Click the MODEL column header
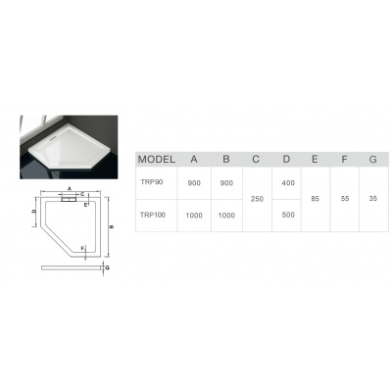pos(157,159)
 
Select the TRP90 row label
pos(152,182)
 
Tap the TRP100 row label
pos(154,214)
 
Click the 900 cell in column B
pos(226,182)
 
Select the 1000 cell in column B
pos(226,214)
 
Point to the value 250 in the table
pos(257,198)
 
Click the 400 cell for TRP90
pos(287,182)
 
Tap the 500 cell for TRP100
pos(287,214)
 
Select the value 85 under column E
pos(316,198)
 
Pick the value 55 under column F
pos(345,198)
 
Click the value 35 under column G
pos(373,198)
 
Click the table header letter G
pos(373,159)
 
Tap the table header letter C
pos(257,159)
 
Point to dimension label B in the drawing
pos(113,226)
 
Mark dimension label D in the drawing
pos(33,210)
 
